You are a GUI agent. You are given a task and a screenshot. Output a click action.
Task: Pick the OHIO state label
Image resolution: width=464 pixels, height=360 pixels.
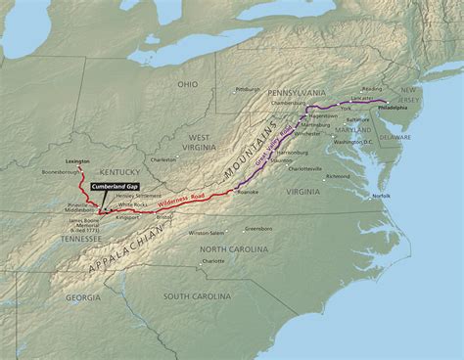pyautogui.click(x=187, y=84)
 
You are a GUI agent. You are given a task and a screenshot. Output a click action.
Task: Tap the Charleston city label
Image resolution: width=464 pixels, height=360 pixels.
pyautogui.click(x=163, y=158)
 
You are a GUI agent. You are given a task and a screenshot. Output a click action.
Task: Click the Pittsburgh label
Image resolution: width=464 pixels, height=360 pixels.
pyautogui.click(x=248, y=89)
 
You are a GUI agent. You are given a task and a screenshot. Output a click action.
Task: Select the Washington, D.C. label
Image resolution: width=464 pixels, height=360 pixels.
pyautogui.click(x=353, y=142)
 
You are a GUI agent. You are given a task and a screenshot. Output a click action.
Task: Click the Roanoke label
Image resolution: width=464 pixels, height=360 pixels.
pyautogui.click(x=248, y=193)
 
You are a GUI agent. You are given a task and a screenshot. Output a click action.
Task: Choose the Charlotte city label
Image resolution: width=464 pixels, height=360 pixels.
pyautogui.click(x=212, y=261)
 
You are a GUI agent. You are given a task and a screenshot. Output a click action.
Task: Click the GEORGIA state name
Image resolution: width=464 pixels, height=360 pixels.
pyautogui.click(x=83, y=297)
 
